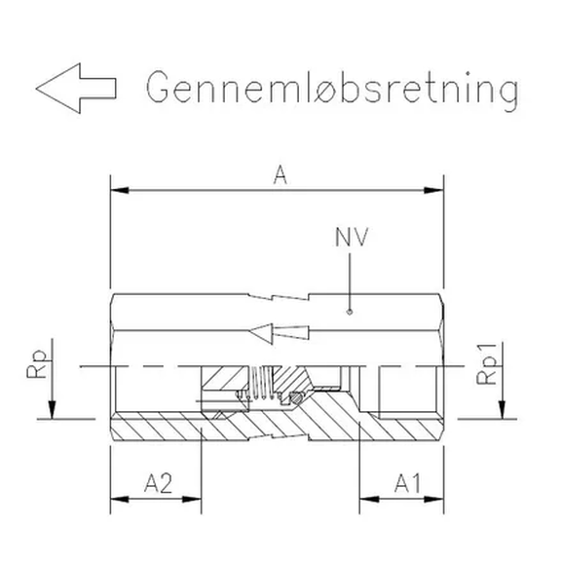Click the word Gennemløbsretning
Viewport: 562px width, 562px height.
(x=331, y=89)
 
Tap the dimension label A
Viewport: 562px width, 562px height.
(x=280, y=175)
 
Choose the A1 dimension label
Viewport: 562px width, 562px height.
(x=410, y=481)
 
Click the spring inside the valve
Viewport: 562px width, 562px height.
(x=261, y=385)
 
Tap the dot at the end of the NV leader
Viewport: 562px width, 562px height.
(x=350, y=313)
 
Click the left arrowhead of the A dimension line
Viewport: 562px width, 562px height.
(x=117, y=189)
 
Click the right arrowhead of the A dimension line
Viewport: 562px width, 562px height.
(x=438, y=189)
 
